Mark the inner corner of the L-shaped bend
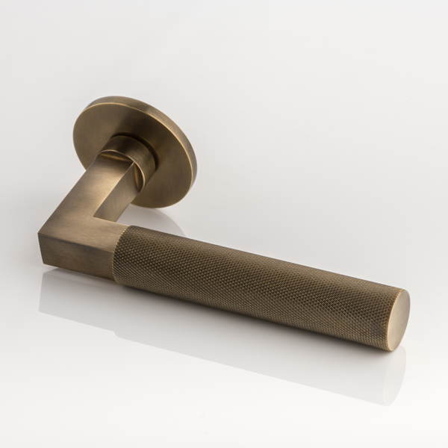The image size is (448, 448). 119,221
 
